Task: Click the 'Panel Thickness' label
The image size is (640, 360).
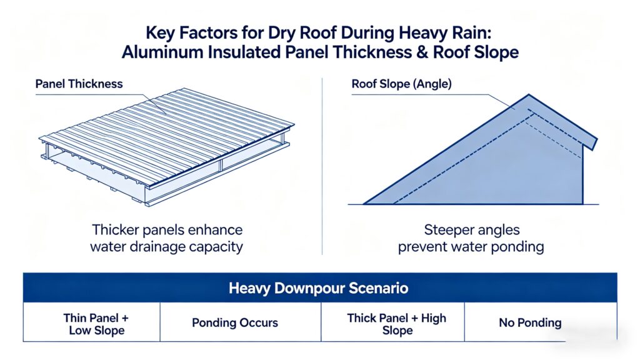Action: point(79,84)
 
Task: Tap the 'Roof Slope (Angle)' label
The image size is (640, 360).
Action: point(402,84)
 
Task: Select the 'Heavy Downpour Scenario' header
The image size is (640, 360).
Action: point(318,288)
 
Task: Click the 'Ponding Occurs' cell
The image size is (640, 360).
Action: point(235,323)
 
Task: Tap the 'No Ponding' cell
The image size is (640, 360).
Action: point(530,323)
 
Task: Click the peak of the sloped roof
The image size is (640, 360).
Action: point(529,95)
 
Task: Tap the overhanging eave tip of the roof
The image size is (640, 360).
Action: point(594,144)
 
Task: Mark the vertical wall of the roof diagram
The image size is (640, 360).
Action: point(582,176)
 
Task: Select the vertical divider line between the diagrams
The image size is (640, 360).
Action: point(322,166)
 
